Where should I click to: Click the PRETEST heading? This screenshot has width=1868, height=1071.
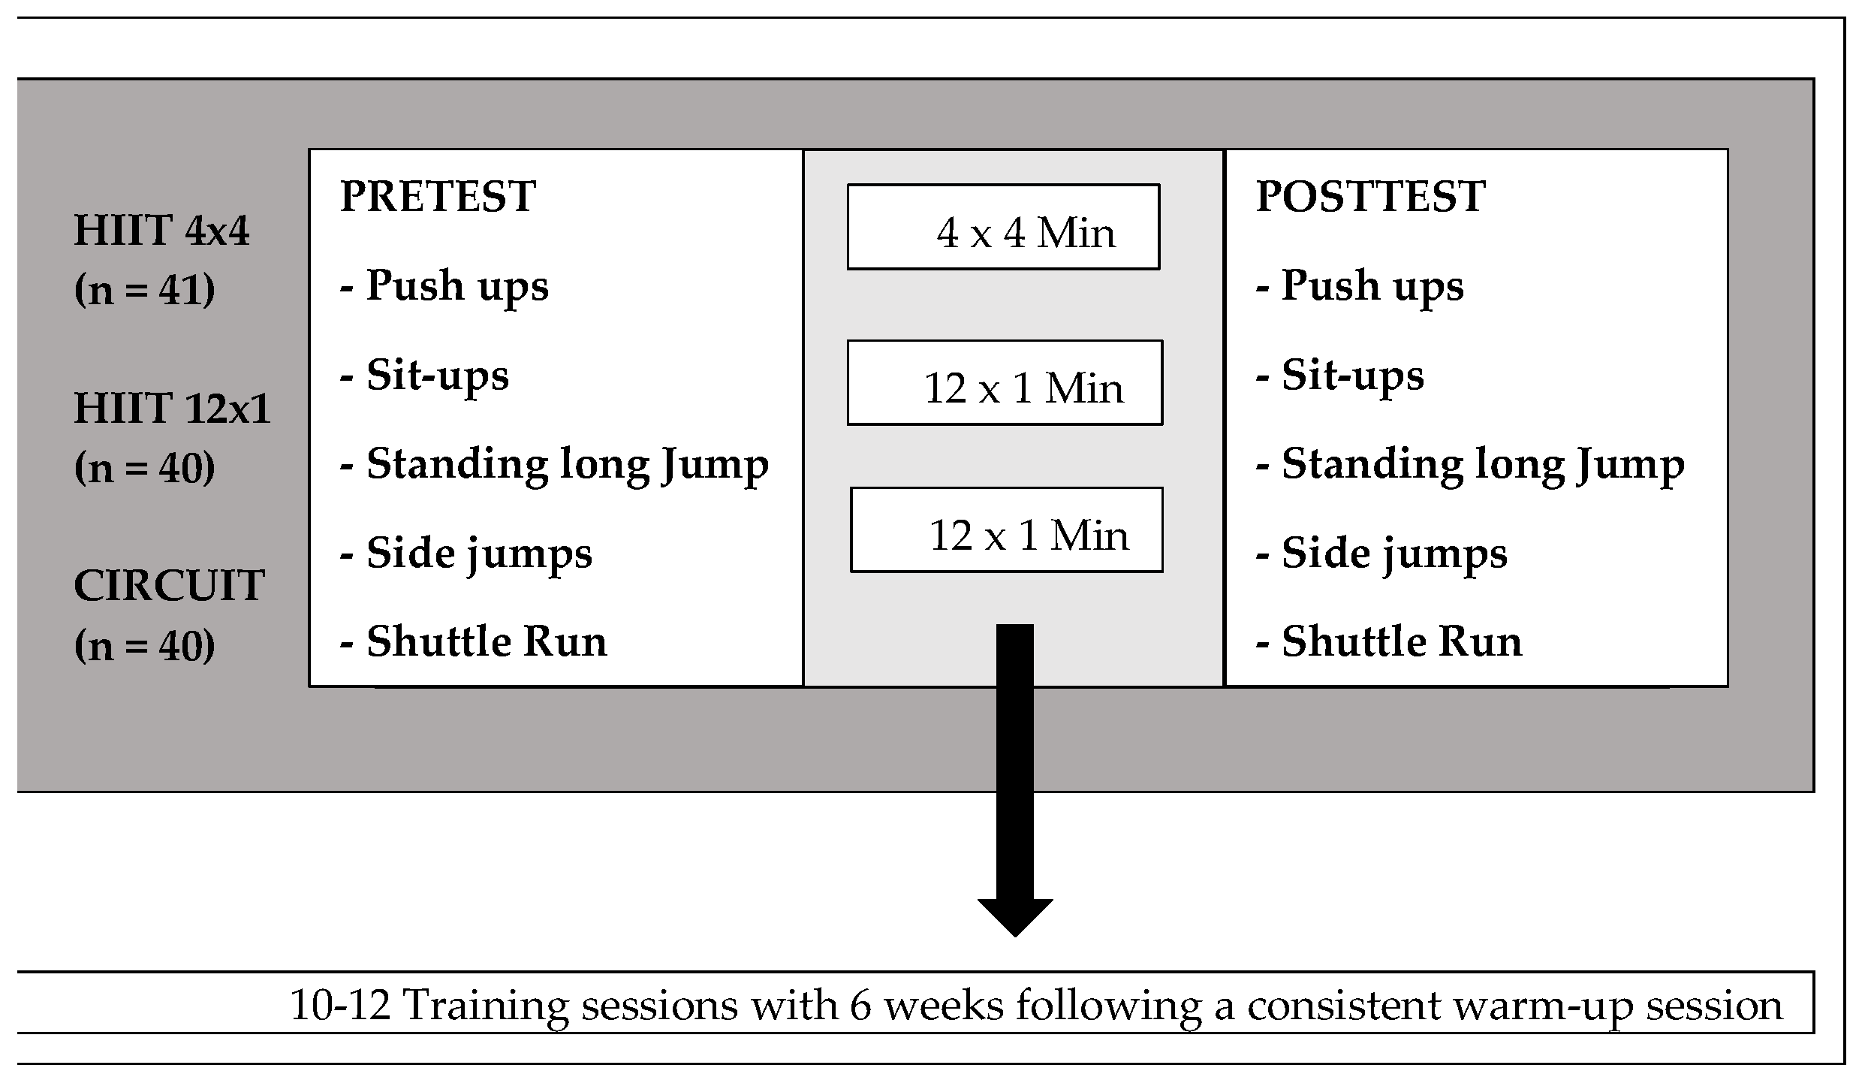438,197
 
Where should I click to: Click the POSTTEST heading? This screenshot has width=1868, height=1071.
1370,197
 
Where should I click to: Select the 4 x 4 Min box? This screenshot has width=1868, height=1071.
1004,227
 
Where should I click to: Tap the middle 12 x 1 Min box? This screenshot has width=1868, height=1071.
1005,383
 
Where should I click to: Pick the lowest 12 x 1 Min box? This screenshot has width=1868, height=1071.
1007,530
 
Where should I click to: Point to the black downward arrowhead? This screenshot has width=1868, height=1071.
1015,918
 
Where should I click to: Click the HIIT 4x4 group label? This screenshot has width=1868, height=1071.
161,231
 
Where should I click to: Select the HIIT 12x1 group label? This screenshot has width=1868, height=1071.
172,409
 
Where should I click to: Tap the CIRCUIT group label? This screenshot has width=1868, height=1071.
169,586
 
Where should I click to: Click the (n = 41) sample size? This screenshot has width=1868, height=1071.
145,290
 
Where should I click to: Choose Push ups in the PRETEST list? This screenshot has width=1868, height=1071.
444,287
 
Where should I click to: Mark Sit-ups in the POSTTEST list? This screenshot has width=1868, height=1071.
1340,376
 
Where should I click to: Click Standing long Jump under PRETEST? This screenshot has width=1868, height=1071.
555,465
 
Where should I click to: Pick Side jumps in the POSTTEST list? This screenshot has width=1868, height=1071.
1381,554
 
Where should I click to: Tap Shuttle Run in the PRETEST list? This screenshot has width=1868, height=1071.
474,642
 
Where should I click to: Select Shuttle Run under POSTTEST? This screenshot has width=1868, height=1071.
1389,642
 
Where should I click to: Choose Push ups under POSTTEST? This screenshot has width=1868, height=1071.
1360,287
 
